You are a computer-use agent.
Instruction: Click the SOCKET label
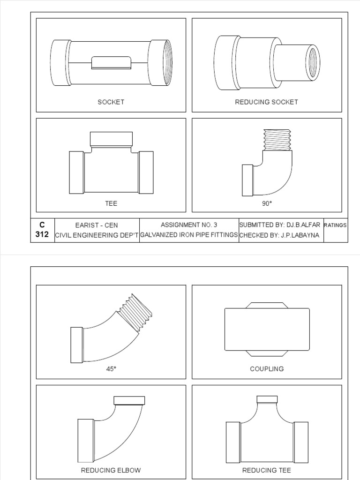111,102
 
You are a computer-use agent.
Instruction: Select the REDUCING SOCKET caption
266,102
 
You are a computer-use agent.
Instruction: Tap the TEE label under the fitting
111,203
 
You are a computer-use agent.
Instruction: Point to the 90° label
267,203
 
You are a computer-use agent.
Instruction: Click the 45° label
111,369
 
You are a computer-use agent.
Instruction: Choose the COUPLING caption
267,369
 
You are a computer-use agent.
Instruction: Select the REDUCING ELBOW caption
111,470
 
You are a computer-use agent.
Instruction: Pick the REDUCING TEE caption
266,470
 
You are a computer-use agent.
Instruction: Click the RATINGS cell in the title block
335,225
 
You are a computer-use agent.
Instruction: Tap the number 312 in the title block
42,234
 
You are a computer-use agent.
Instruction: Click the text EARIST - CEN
97,225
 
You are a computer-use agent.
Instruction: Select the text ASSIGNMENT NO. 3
189,225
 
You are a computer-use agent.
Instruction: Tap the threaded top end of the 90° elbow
277,140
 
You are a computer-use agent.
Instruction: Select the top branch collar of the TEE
111,138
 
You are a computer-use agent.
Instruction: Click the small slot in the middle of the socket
111,62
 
